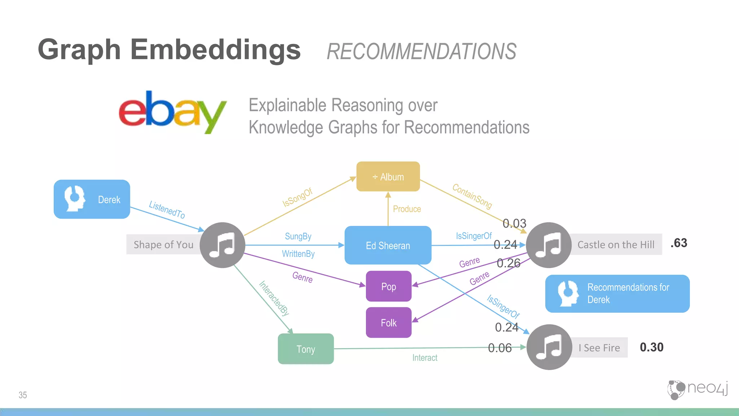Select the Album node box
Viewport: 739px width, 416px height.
[388, 177]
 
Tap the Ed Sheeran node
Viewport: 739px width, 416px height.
[388, 246]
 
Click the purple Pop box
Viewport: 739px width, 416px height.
[389, 286]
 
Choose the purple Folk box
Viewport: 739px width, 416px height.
[389, 322]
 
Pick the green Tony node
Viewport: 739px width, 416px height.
[306, 349]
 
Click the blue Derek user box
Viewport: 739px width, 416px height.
[92, 199]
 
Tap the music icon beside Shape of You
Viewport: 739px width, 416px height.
[222, 245]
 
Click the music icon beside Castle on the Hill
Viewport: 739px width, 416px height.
[548, 245]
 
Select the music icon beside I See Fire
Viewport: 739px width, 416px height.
[549, 347]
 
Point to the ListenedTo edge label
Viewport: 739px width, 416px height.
[167, 210]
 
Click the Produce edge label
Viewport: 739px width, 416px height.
[407, 209]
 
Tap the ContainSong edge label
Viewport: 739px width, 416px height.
[472, 196]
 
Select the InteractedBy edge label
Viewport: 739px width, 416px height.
[274, 298]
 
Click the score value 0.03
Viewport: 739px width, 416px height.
[515, 223]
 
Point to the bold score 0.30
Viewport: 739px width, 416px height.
[651, 347]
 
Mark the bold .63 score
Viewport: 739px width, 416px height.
[679, 243]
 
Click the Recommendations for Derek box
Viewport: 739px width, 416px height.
[617, 294]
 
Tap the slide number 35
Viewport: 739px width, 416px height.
[23, 395]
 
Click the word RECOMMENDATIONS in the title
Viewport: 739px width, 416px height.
[421, 52]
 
